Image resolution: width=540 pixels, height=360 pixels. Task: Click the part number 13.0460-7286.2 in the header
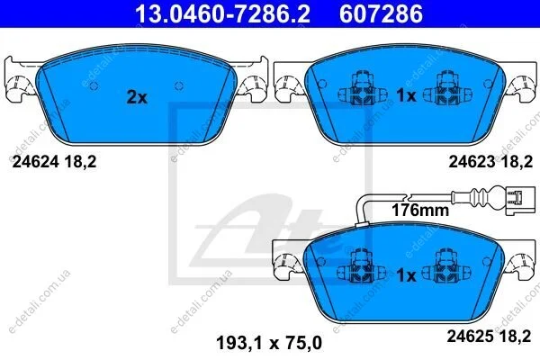click(222, 13)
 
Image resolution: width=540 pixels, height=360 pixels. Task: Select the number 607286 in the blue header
click(381, 13)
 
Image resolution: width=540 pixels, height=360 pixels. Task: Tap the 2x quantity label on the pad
click(137, 97)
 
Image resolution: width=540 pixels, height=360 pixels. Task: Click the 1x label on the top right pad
click(407, 95)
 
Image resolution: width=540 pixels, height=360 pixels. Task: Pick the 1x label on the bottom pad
click(407, 274)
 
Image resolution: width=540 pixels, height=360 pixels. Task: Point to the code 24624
click(35, 161)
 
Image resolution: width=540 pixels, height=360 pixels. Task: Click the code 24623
click(472, 161)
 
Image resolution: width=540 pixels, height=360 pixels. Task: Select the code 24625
click(471, 337)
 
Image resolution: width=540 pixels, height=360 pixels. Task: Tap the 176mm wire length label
click(420, 210)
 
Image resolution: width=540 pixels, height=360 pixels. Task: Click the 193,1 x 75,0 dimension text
click(269, 343)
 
